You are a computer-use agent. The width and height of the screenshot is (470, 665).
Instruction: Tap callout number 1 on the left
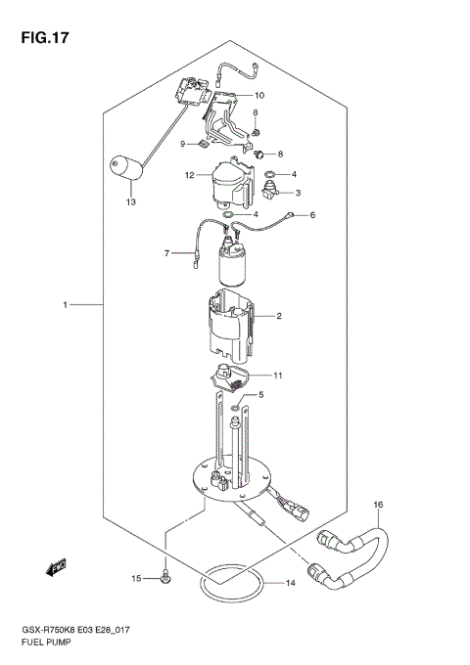(x=65, y=306)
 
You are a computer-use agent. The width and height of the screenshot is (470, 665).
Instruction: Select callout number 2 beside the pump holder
(x=279, y=316)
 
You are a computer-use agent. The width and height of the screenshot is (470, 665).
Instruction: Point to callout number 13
(x=129, y=202)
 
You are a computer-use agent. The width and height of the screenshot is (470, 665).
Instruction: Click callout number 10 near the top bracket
(x=259, y=96)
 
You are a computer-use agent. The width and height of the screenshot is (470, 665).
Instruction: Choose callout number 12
(x=190, y=176)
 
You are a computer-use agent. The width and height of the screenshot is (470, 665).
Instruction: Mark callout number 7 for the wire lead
(x=167, y=253)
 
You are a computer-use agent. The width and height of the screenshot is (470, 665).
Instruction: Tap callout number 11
(x=278, y=375)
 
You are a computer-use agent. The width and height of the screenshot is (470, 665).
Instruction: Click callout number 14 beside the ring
(x=290, y=584)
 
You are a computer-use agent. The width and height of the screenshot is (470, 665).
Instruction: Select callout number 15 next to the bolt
(x=136, y=580)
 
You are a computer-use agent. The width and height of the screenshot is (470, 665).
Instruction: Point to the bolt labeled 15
(x=166, y=578)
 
